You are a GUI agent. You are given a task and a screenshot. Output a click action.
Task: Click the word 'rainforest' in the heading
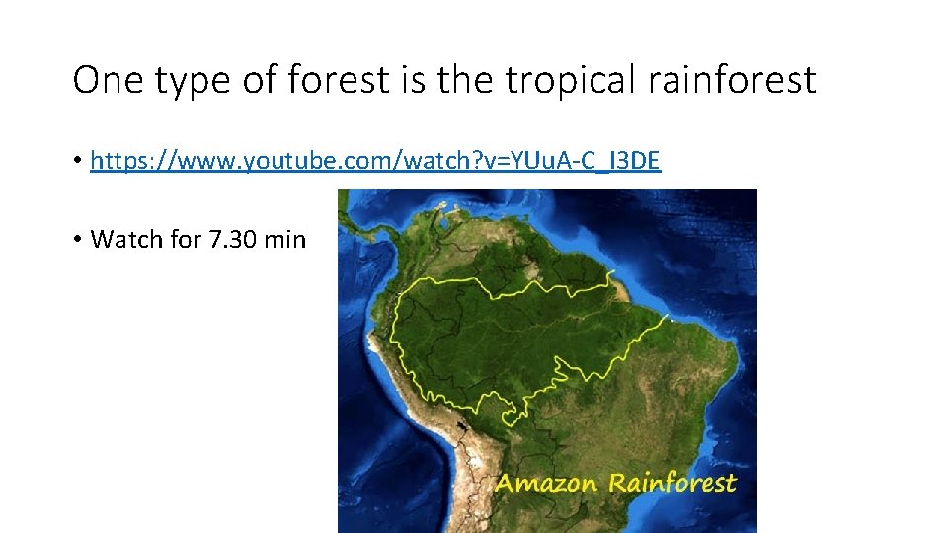click(x=732, y=80)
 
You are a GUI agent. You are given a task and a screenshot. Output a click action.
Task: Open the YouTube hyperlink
click(x=375, y=161)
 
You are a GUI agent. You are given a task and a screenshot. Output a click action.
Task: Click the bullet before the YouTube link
click(x=78, y=161)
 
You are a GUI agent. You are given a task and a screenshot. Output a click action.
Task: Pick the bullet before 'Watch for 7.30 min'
click(x=78, y=240)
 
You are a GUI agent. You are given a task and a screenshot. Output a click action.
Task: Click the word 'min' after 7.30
click(x=286, y=239)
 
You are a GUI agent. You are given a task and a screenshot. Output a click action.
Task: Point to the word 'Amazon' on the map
click(x=546, y=483)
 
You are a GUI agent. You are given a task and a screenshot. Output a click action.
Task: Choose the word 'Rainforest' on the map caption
click(x=671, y=483)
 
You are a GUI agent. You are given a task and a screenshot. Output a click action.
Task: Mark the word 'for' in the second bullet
click(x=186, y=239)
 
